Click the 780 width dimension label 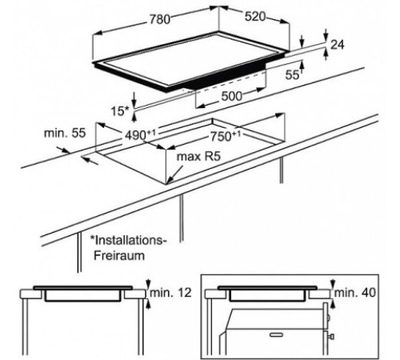click(159, 19)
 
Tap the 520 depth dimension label click(255, 17)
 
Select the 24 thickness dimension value click(338, 45)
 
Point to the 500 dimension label click(231, 96)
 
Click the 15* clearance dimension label click(120, 111)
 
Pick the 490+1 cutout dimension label click(140, 134)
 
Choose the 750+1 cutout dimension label click(226, 136)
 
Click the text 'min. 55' click(65, 133)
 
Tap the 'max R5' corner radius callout click(198, 157)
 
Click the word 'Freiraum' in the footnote click(119, 255)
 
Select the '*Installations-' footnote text click(128, 240)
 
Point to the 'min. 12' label click(170, 293)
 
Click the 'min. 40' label click(355, 293)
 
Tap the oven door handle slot click(277, 334)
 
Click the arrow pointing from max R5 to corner click(175, 174)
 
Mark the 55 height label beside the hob click(292, 75)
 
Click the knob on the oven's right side click(332, 337)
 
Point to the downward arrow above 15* click(134, 99)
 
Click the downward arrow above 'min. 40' click(333, 283)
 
